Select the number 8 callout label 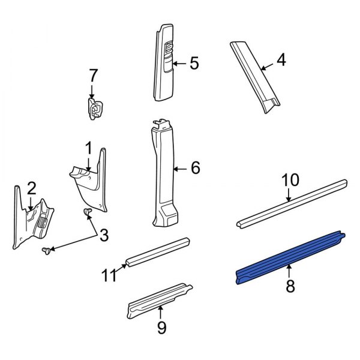tap(290, 287)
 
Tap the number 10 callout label tap(290, 180)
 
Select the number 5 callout tap(193, 64)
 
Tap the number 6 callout tap(194, 169)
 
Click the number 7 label tap(92, 76)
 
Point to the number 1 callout tap(88, 148)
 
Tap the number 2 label tap(31, 189)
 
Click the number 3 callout tap(104, 236)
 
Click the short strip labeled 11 tap(157, 252)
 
